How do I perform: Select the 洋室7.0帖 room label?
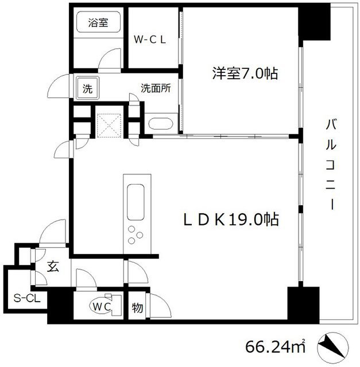tap(238, 73)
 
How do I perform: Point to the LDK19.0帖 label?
tap(231, 220)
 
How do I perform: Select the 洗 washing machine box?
tap(87, 89)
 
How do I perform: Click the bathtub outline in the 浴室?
tap(98, 25)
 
